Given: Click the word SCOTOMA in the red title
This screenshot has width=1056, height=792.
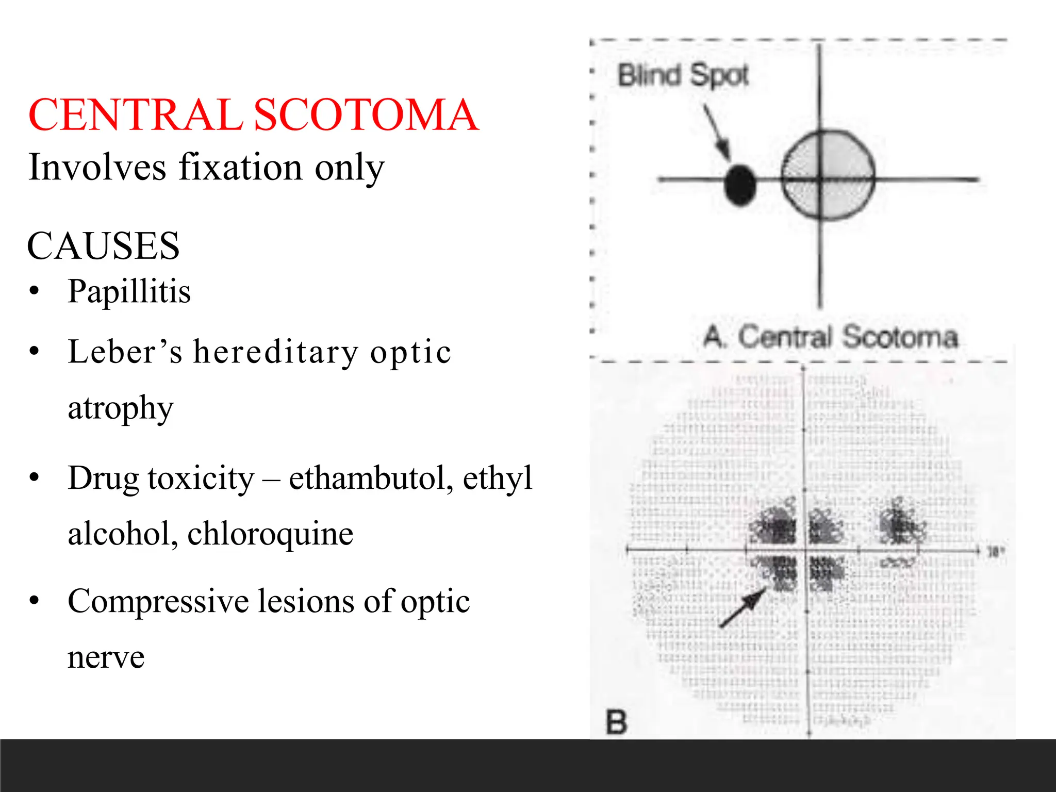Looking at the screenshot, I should (366, 114).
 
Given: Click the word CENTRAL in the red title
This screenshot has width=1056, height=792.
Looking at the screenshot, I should (136, 114).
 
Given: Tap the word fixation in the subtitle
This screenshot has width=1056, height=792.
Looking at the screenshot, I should (240, 167).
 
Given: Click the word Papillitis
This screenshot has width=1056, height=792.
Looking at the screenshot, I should (129, 291).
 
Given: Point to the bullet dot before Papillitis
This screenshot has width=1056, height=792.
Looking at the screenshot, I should (35, 291).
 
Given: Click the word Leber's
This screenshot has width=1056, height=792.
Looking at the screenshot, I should (125, 352).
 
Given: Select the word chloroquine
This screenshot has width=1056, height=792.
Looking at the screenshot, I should (270, 533).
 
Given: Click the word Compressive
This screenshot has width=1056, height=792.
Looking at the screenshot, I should (158, 601).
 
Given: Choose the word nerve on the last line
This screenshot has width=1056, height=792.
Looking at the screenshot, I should (106, 657).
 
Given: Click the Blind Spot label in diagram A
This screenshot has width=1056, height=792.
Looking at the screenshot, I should (683, 75).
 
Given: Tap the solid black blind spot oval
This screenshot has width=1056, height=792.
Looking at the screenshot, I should (740, 185).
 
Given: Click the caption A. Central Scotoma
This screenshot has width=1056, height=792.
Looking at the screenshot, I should (831, 336).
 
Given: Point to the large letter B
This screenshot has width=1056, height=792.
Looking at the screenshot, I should (616, 722).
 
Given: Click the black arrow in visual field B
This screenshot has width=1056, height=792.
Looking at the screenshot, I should (742, 607).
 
